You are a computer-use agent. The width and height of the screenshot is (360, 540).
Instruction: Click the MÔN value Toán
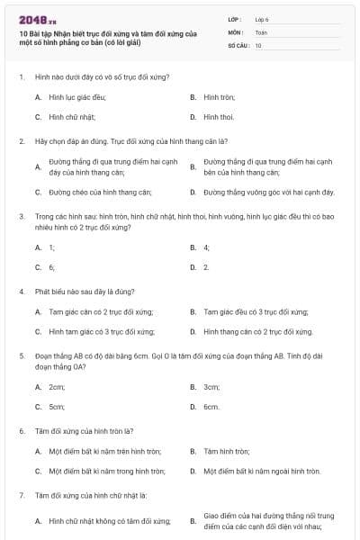click(261, 31)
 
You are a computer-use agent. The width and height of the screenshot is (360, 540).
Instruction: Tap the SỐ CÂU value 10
click(258, 44)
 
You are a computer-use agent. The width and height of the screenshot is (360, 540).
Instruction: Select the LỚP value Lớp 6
click(261, 18)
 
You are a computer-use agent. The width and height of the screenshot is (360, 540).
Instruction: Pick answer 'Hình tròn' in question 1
click(219, 96)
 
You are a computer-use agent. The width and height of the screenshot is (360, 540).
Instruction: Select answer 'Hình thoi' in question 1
click(219, 117)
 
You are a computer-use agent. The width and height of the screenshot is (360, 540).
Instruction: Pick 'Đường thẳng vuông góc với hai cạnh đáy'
click(269, 192)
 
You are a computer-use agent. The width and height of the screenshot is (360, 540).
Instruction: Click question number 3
click(21, 217)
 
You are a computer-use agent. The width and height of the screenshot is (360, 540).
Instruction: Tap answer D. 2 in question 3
click(206, 267)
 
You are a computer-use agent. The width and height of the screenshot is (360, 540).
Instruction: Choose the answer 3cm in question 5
click(211, 386)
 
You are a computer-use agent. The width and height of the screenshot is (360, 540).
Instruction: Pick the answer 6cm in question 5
click(211, 407)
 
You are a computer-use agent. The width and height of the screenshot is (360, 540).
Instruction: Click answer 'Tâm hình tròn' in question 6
click(225, 450)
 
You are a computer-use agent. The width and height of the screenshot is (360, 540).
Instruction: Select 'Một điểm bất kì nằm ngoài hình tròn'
click(262, 471)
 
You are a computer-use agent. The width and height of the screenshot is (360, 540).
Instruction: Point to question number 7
click(21, 496)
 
